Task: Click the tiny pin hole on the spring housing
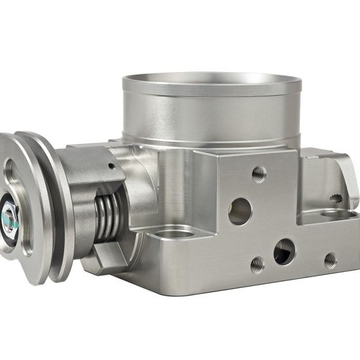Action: coord(110,166)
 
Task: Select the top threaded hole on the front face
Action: coord(259,173)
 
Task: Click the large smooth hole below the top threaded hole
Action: coord(240,211)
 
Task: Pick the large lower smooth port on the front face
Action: coord(284,251)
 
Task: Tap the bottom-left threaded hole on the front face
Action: coord(257,263)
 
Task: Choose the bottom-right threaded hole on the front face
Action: coord(329,259)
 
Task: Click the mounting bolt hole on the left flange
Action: coord(175,232)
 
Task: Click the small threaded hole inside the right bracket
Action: coord(337,197)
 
